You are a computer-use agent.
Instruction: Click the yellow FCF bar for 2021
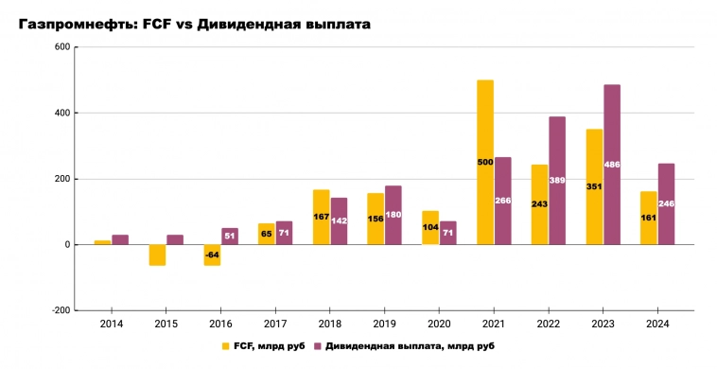485,162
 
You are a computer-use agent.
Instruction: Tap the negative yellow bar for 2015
157,255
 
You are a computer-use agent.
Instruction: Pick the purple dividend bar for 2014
120,239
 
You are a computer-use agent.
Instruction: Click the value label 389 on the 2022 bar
557,181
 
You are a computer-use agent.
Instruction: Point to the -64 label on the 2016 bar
212,255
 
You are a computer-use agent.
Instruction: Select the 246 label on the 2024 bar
667,203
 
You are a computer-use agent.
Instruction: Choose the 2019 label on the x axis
384,325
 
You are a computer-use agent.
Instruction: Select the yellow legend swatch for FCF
225,346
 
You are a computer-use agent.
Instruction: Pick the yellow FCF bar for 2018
321,217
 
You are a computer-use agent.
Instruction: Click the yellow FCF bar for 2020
430,227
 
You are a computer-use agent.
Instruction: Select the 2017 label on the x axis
274,325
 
